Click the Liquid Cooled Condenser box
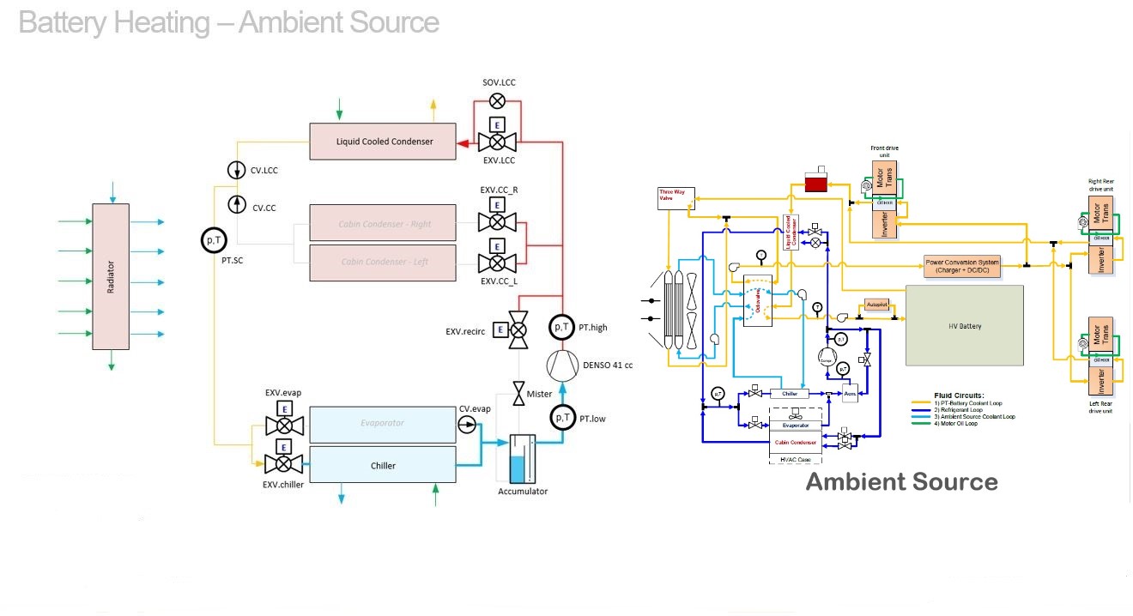point(383,142)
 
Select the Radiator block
point(111,276)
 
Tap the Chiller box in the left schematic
point(383,465)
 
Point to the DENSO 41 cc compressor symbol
point(563,365)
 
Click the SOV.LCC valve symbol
point(496,101)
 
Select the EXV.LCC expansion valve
point(496,141)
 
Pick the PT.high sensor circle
point(561,327)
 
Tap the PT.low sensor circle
point(563,418)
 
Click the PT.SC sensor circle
point(214,241)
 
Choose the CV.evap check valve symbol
point(467,425)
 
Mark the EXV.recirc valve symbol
point(518,329)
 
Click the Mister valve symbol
point(518,394)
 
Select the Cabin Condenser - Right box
point(383,223)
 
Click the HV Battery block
point(965,326)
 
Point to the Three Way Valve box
point(674,196)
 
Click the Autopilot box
point(876,305)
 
